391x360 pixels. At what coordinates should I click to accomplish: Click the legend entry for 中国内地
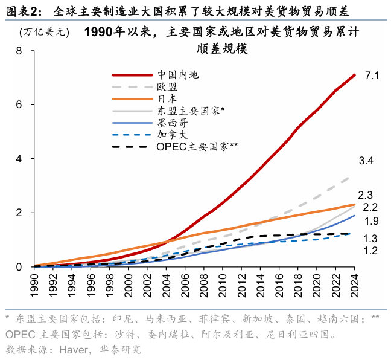pyautogui.click(x=178, y=75)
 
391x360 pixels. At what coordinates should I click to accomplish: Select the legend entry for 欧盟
pyautogui.click(x=167, y=87)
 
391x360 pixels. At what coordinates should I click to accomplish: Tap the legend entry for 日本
pyautogui.click(x=167, y=99)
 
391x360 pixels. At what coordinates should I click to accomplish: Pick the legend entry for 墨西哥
pyautogui.click(x=172, y=123)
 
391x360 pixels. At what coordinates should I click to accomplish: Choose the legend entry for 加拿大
pyautogui.click(x=172, y=134)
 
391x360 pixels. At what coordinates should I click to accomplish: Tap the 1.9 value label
pyautogui.click(x=371, y=221)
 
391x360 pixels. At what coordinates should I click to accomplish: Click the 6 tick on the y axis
pyautogui.click(x=19, y=104)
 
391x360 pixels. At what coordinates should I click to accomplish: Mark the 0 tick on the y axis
pyautogui.click(x=19, y=267)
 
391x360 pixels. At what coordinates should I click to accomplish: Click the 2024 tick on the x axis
pyautogui.click(x=355, y=283)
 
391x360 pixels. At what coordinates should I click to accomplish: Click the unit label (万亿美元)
pyautogui.click(x=43, y=32)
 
